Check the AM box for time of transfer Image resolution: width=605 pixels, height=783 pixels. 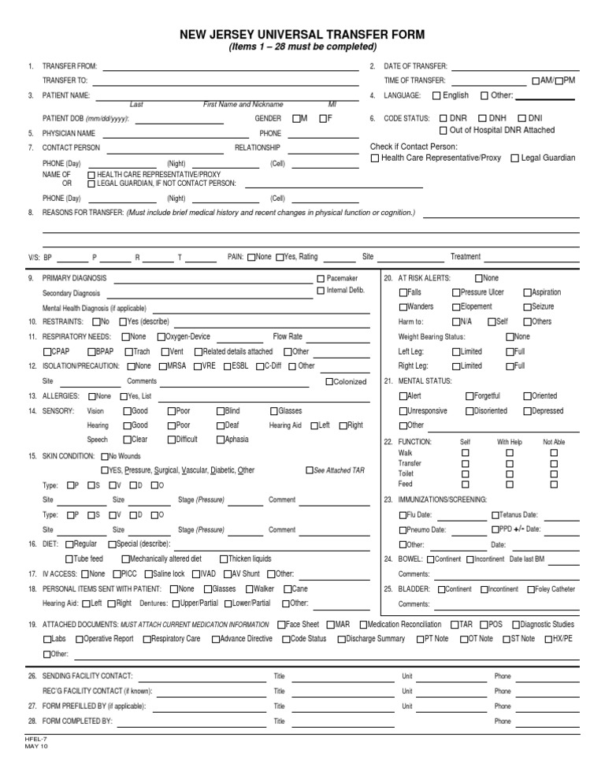click(536, 81)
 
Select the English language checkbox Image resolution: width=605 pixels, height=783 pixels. click(437, 96)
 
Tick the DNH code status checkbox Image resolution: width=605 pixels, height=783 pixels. click(482, 118)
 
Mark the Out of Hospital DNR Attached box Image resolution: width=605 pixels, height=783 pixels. click(444, 130)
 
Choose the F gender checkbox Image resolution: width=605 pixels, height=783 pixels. click(323, 118)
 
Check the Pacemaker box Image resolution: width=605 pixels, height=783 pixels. click(320, 279)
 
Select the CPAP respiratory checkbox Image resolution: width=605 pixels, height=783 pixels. click(47, 352)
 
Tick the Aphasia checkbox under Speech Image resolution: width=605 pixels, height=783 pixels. click(221, 440)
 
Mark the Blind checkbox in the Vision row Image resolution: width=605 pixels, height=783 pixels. click(221, 411)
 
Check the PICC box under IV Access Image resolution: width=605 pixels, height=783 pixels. click(117, 573)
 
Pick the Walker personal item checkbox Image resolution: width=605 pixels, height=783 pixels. click(249, 588)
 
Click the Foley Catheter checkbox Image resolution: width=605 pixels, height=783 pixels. click(530, 589)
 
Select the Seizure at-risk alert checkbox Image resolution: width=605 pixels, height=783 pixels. click(526, 307)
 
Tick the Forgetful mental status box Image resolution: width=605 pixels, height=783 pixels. click(470, 396)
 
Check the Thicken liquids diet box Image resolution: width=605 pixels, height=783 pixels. click(223, 558)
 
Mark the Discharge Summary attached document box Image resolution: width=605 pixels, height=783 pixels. click(341, 639)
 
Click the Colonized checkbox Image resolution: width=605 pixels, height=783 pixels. click(328, 382)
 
